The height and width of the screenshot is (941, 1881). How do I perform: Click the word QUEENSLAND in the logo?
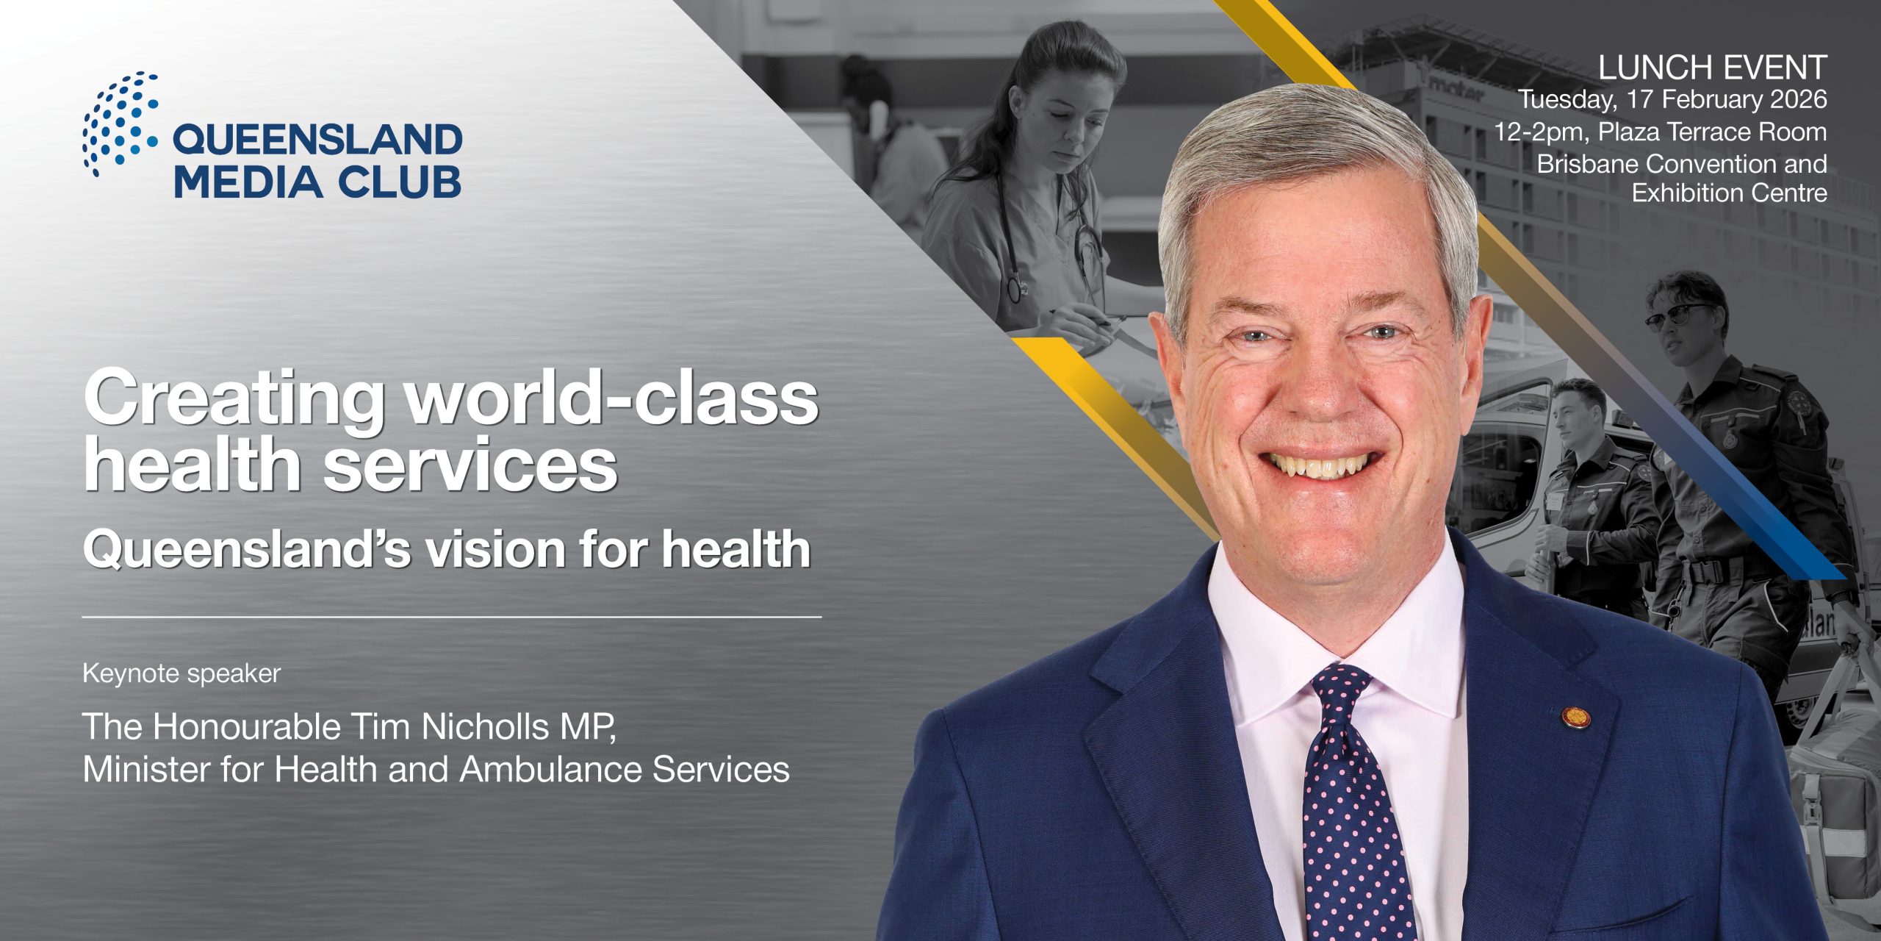[317, 140]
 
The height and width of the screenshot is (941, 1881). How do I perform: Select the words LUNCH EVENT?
[1713, 68]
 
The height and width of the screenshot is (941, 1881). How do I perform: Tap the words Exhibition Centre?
[1730, 193]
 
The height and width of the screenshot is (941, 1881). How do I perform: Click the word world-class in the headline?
[613, 398]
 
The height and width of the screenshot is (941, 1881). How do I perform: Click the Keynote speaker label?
[181, 673]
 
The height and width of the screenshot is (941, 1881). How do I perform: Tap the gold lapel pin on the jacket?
[1572, 716]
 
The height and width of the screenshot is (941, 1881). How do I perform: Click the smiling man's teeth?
[1320, 465]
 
